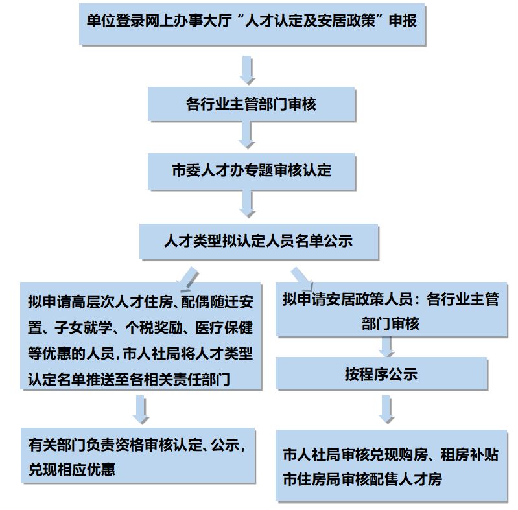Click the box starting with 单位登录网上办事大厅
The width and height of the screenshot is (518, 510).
coord(252,24)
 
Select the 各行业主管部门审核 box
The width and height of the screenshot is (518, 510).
coord(251,104)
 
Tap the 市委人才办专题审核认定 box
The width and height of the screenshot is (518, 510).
coord(251,171)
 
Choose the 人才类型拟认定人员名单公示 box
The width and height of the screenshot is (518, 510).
coord(259,241)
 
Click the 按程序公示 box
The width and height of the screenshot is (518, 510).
coord(381,373)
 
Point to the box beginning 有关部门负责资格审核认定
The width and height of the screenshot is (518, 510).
coord(137,456)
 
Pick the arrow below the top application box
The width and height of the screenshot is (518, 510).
coord(247,70)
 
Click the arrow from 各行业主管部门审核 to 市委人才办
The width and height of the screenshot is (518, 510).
coord(246,134)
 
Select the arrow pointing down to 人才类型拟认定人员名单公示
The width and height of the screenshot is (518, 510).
coord(247,203)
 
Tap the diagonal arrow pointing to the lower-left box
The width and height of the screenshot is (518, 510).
coord(187,280)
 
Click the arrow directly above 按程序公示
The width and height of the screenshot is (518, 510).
coord(386,347)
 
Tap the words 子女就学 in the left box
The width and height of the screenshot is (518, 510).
coord(83,328)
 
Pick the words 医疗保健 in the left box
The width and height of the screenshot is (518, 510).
coord(224,328)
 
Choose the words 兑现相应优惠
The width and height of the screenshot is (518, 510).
coord(72,469)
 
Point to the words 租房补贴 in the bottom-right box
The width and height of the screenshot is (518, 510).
coord(469,455)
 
